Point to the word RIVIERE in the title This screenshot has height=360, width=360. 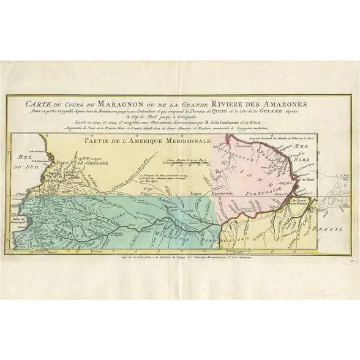(x=231, y=103)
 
